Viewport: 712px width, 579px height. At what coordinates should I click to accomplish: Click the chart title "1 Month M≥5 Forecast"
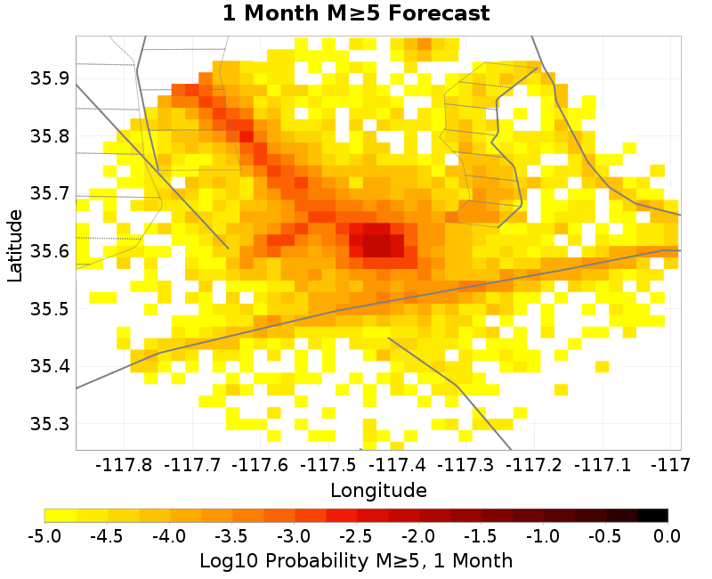(356, 14)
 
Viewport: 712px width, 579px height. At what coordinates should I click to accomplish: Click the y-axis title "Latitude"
(15, 245)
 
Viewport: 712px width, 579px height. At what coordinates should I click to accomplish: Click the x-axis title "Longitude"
(378, 490)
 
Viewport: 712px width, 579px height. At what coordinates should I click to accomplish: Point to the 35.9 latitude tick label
(52, 78)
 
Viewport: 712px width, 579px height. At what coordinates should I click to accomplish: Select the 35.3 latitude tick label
(52, 424)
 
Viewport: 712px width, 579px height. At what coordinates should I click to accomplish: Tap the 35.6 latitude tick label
(52, 251)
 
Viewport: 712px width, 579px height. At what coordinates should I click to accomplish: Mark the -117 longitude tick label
(668, 465)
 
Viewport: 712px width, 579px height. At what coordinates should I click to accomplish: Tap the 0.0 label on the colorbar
(667, 536)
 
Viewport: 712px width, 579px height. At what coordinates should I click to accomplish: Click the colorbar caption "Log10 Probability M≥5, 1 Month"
(356, 561)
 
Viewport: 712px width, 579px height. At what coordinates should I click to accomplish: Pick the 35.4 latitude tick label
(52, 366)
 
